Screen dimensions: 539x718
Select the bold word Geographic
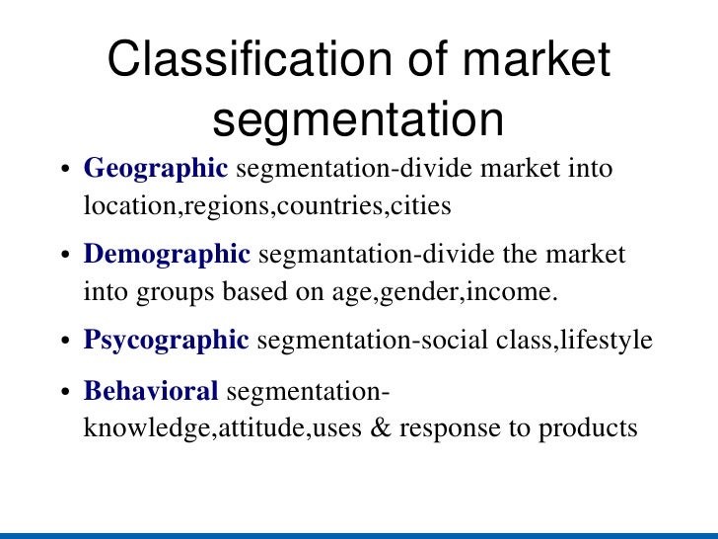click(x=156, y=169)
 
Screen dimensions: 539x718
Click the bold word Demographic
click(x=167, y=255)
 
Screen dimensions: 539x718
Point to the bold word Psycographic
click(x=166, y=341)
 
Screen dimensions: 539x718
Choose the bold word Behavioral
click(x=151, y=392)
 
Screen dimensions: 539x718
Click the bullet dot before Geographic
click(x=65, y=170)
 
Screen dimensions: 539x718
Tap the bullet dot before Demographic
click(x=65, y=256)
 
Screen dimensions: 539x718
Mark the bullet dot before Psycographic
click(x=65, y=342)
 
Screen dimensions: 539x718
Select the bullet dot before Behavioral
click(x=65, y=393)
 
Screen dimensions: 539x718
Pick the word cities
click(x=422, y=206)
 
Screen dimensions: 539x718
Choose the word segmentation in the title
click(x=358, y=119)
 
